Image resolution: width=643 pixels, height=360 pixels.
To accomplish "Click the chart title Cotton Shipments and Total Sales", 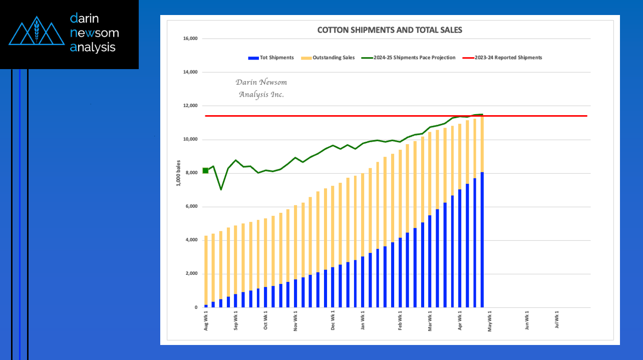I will pos(390,30).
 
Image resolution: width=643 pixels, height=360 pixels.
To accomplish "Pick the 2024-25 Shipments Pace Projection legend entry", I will pos(414,58).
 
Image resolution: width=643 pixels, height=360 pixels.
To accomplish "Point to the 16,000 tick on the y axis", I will pos(191,39).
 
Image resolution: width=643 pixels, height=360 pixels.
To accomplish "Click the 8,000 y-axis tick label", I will pos(192,173).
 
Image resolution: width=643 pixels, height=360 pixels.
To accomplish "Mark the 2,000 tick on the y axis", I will pos(192,274).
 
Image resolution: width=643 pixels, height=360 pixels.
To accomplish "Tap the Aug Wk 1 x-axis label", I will pos(206,320).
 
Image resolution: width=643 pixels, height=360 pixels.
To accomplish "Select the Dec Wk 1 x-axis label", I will pos(333,320).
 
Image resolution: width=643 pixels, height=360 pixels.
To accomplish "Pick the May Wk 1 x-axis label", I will pos(490,320).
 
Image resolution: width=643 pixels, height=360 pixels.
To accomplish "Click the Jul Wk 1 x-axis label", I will pos(557,320).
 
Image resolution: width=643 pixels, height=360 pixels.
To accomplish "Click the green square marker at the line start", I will pos(205,171).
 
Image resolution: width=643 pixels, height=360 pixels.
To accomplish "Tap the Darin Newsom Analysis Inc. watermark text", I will pos(261,88).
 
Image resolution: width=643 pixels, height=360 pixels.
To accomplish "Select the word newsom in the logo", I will pos(95,33).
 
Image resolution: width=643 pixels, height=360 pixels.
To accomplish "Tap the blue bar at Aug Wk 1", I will pos(206,305).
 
